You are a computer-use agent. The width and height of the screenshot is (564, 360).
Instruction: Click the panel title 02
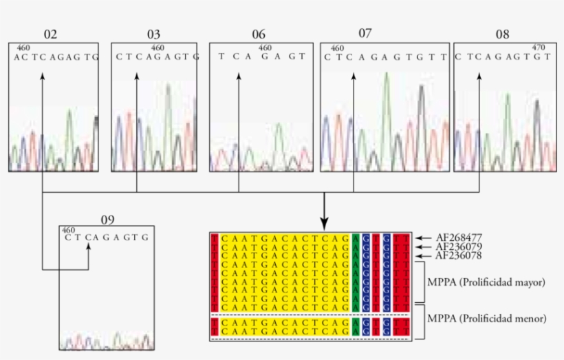click(x=51, y=34)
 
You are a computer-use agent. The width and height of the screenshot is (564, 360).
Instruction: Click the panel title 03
click(x=153, y=34)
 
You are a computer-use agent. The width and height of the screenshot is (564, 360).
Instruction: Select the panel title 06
click(x=259, y=34)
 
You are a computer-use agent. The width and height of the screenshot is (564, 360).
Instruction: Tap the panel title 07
click(x=365, y=33)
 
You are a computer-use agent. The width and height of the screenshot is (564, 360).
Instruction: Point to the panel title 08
click(x=503, y=34)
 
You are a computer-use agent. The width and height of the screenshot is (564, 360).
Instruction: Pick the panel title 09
click(x=108, y=220)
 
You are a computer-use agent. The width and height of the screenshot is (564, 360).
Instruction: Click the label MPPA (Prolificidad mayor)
click(x=486, y=282)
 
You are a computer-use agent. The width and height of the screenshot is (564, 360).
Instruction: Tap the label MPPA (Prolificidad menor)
click(x=486, y=318)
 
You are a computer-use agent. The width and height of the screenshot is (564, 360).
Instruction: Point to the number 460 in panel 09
click(x=68, y=230)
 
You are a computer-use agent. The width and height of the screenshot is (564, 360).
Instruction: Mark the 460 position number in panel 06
click(x=265, y=48)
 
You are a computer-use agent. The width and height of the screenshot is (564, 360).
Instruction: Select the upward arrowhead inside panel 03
click(x=137, y=77)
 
